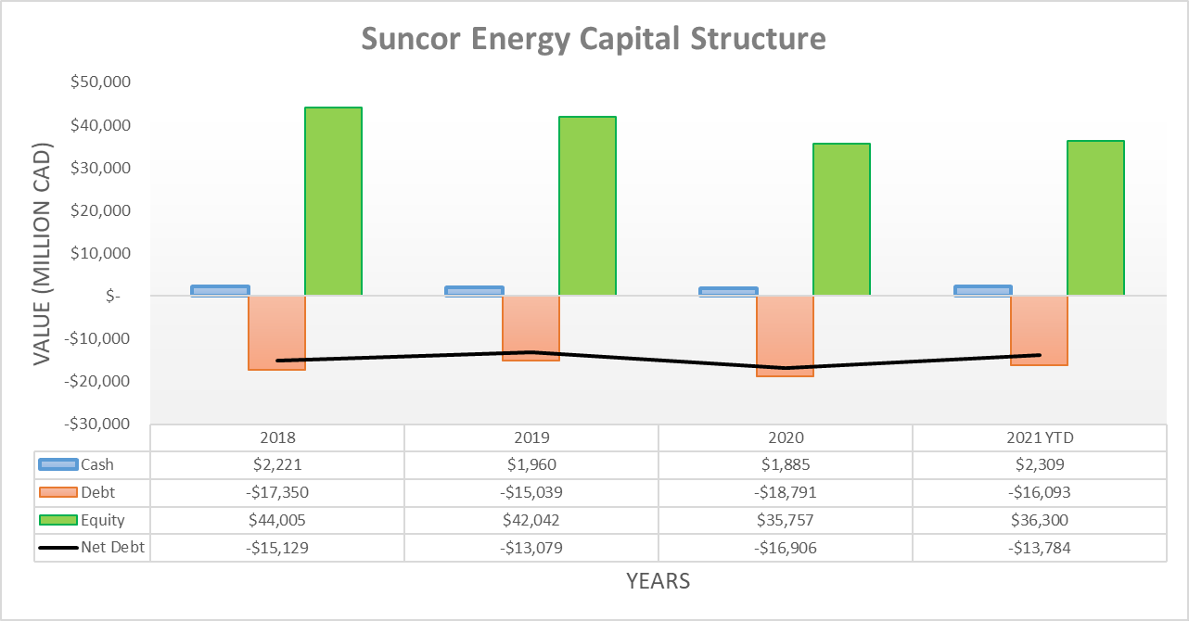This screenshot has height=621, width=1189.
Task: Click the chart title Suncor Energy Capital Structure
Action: click(x=593, y=39)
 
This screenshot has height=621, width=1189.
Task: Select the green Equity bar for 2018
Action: click(x=333, y=201)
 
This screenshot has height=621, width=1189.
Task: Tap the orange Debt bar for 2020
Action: click(x=785, y=336)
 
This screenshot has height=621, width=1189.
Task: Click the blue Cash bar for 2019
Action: click(x=475, y=291)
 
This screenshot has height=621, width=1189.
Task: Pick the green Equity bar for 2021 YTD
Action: click(x=1095, y=218)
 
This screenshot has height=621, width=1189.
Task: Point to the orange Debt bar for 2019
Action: click(x=531, y=327)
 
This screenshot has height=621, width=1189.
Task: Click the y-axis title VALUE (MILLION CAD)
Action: click(x=43, y=253)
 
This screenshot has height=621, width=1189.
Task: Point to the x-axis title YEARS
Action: click(x=658, y=581)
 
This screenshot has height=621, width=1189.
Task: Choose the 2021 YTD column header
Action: click(x=1039, y=437)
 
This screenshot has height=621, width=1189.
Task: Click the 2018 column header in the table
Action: click(x=277, y=437)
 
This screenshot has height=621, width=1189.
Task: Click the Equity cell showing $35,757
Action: click(x=785, y=520)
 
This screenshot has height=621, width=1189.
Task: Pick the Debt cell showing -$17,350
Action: click(x=277, y=492)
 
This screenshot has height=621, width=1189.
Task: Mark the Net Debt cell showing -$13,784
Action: click(x=1039, y=548)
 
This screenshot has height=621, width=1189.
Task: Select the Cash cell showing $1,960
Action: click(x=531, y=465)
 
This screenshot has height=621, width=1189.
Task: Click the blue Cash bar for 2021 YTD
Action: click(x=982, y=290)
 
